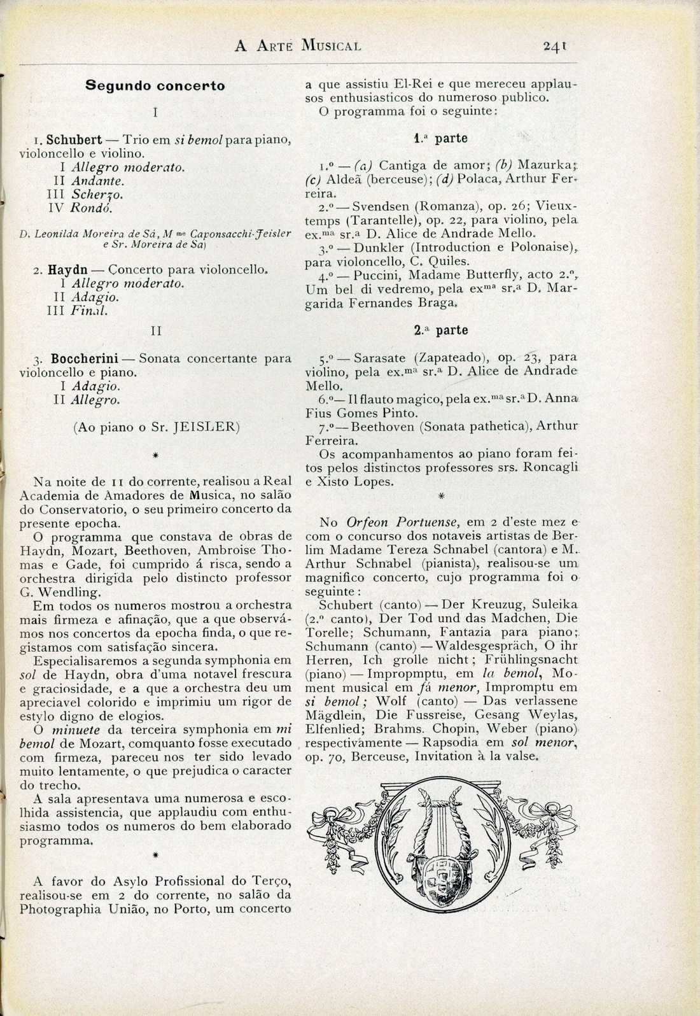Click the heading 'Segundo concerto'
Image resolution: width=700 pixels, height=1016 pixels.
(155, 85)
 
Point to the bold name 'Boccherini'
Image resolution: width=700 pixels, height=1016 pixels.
(87, 358)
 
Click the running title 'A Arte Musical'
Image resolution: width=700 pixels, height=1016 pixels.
(298, 46)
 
